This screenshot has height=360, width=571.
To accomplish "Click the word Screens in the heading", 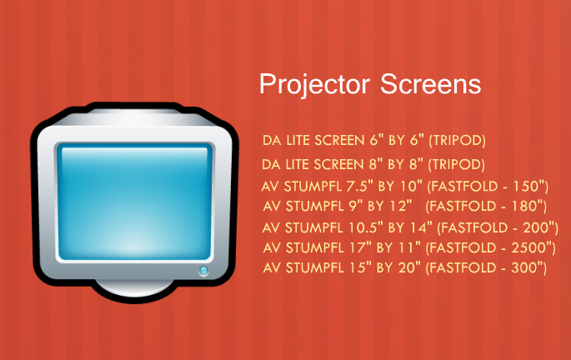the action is click(430, 84).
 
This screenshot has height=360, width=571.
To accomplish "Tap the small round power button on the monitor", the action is click(203, 271).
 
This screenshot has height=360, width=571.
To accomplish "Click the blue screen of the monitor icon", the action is click(134, 202).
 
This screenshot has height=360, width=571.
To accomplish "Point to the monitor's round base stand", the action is click(134, 288).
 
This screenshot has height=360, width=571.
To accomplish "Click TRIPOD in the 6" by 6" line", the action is click(458, 141).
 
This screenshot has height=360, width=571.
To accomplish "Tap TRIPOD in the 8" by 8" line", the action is click(457, 164).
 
